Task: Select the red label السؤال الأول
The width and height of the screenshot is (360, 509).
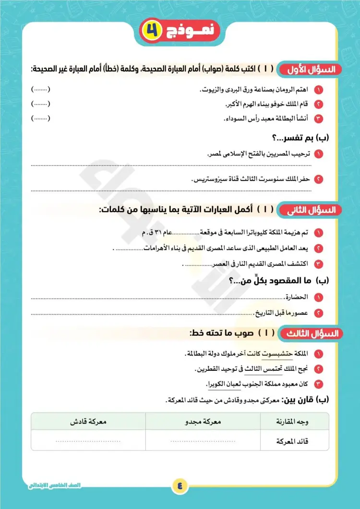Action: coord(312,69)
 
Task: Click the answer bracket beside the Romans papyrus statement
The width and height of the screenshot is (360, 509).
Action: coord(40,90)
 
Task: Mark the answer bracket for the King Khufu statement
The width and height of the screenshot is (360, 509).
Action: coord(40,104)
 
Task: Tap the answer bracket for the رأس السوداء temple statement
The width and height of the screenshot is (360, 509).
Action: coord(40,118)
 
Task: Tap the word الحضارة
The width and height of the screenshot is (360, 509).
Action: coord(297,297)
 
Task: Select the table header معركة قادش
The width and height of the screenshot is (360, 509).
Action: coord(88,421)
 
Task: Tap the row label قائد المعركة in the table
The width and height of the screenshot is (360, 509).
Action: coord(297,441)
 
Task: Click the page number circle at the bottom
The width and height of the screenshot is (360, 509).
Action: coord(180,485)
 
